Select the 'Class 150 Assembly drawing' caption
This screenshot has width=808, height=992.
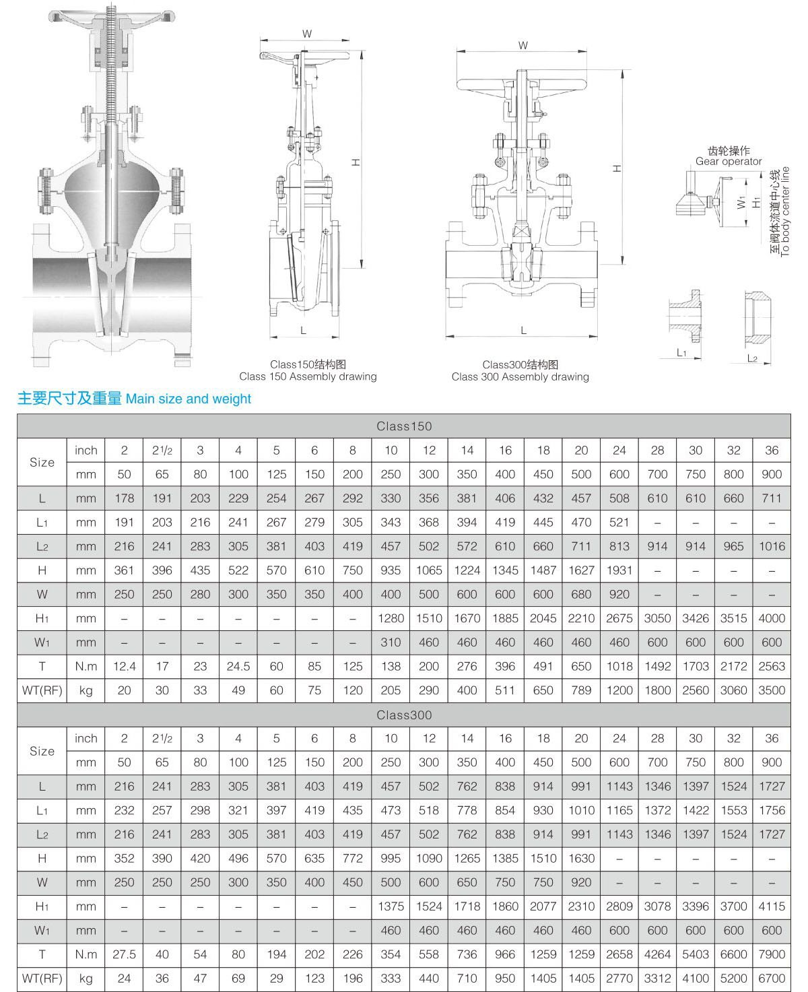click(x=308, y=376)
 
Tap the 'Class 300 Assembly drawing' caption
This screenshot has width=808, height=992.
click(x=520, y=376)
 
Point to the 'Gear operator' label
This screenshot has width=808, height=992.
click(x=729, y=162)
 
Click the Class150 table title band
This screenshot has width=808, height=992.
click(x=404, y=426)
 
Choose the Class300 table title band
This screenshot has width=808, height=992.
click(x=404, y=715)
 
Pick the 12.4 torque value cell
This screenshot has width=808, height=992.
click(x=124, y=666)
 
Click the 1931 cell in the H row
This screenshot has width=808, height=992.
click(x=619, y=570)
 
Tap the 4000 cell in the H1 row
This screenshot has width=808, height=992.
click(x=772, y=618)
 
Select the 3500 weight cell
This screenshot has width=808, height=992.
click(x=772, y=690)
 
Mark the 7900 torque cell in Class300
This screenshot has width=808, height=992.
click(x=772, y=954)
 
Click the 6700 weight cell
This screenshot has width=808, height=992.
click(x=772, y=979)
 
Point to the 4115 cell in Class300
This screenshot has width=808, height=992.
click(x=772, y=906)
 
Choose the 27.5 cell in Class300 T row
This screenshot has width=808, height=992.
click(x=124, y=954)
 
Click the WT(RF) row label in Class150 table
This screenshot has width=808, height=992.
click(x=42, y=690)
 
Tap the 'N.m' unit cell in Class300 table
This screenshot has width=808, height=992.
click(x=86, y=954)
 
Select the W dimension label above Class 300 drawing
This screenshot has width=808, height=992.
click(x=523, y=46)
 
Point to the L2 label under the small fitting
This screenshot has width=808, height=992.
click(x=752, y=358)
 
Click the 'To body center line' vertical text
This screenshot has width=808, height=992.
click(x=784, y=211)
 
